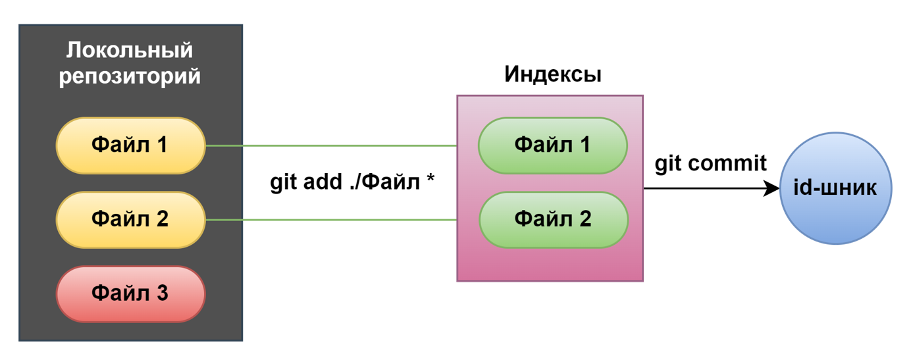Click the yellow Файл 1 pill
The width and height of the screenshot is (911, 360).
click(x=130, y=145)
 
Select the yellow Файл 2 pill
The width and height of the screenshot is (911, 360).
click(x=130, y=219)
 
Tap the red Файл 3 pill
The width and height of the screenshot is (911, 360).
click(x=130, y=294)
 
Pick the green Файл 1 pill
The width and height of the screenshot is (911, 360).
click(x=552, y=145)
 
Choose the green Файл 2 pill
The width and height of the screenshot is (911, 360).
click(x=552, y=219)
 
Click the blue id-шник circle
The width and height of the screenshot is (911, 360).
click(x=835, y=188)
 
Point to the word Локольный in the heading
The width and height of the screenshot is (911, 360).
click(x=130, y=51)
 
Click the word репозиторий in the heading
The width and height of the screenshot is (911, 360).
click(x=130, y=76)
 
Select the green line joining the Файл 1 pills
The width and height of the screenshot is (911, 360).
click(x=331, y=145)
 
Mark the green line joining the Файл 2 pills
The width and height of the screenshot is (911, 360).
click(x=331, y=220)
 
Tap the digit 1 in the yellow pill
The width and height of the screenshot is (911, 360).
click(x=161, y=145)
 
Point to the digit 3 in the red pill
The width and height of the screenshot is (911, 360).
click(x=161, y=293)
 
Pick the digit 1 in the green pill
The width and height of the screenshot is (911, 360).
click(x=584, y=145)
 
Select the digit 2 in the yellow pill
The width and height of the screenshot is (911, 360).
click(x=161, y=219)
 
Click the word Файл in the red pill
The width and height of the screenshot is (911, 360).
click(x=118, y=293)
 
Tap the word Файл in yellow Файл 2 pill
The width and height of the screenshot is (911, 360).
click(x=118, y=219)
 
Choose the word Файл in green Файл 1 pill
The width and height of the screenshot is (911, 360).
click(x=541, y=145)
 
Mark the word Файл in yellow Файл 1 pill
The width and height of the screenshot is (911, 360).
click(x=118, y=145)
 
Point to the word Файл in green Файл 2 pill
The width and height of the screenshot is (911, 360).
click(x=541, y=219)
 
